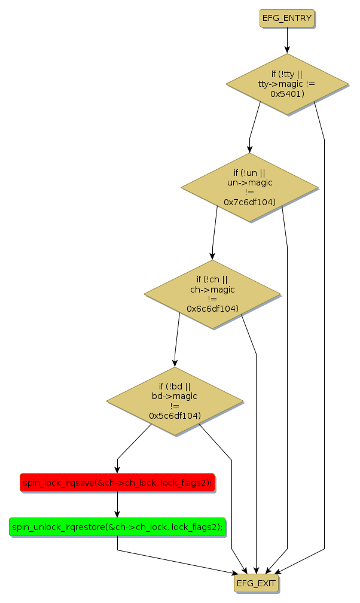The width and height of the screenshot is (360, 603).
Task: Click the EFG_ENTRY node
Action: point(287,19)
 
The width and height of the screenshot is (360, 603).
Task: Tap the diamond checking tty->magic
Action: point(287,84)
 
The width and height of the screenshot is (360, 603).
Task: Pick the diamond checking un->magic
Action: point(249,187)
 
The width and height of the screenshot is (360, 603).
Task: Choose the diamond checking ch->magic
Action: point(212,294)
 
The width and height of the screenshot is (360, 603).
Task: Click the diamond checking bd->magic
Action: point(175,401)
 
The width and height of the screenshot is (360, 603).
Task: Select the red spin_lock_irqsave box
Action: point(117,482)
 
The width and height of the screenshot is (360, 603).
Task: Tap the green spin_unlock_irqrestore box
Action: point(117,527)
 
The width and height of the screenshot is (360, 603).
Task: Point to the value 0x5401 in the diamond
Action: point(287,94)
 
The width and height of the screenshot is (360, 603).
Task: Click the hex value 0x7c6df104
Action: point(249,202)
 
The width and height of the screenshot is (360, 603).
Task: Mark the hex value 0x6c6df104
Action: point(212,309)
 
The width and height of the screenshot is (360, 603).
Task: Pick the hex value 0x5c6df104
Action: point(175,415)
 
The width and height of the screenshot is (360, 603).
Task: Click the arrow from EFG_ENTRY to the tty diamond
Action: point(287,41)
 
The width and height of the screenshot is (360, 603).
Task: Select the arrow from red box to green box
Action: point(117,504)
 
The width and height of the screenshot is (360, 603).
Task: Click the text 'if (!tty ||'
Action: point(287,74)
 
